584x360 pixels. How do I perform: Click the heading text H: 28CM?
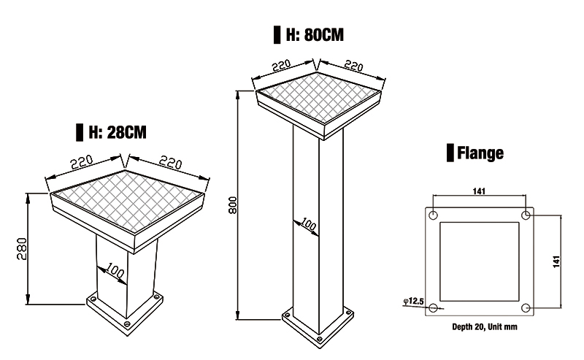tap(117, 132)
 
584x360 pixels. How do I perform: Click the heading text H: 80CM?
tap(313, 35)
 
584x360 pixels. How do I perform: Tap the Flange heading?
tap(480, 153)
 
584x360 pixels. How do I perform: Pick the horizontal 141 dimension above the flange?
tap(480, 191)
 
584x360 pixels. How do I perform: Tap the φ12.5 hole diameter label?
tap(414, 301)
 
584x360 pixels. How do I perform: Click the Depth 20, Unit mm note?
tap(480, 327)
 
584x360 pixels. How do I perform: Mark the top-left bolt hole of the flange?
tap(434, 216)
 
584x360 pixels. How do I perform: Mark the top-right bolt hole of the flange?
tap(526, 216)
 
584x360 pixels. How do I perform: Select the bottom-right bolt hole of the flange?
tap(526, 307)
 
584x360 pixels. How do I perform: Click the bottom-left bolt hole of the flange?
tap(434, 307)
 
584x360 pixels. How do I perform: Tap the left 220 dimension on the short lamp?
tap(82, 164)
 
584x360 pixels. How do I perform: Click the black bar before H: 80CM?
tap(277, 35)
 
